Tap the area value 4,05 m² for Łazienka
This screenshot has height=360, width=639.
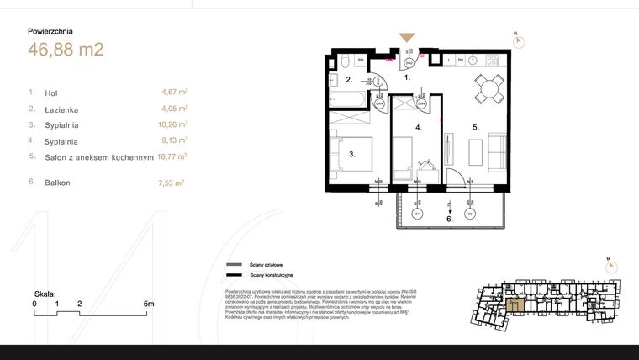click(x=174, y=108)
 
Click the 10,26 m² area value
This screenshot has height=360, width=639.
click(x=174, y=124)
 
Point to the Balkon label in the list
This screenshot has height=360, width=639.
click(x=59, y=182)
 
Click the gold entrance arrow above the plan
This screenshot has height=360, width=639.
click(x=407, y=38)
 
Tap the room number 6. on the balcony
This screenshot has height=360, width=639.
click(x=450, y=219)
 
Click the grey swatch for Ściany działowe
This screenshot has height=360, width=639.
click(x=231, y=264)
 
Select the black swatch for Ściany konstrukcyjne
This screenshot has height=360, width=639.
click(x=231, y=275)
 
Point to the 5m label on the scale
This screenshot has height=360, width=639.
click(x=148, y=303)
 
